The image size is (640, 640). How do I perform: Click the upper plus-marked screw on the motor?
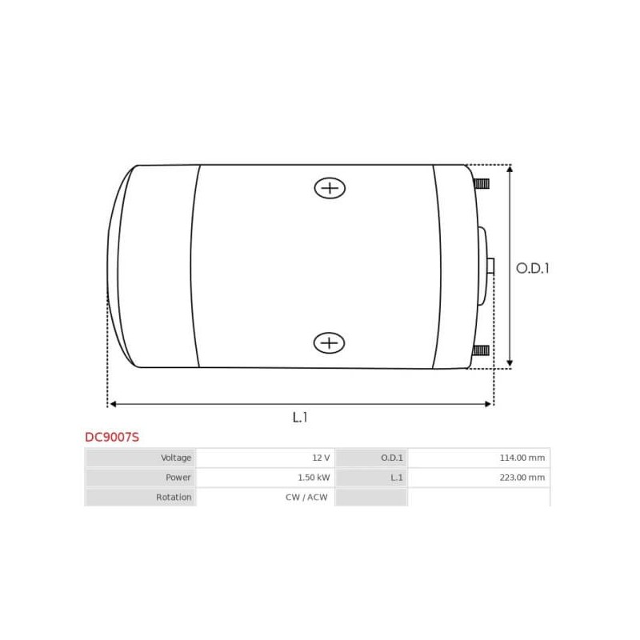[x=329, y=188]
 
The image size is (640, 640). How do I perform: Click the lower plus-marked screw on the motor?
[x=329, y=343]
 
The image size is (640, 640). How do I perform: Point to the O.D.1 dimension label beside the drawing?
[x=532, y=269]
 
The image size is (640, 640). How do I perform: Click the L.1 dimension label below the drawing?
[x=300, y=417]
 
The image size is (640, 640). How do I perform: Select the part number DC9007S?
[x=112, y=438]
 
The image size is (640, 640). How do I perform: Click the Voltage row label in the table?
[x=176, y=458]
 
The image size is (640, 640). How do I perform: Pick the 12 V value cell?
[x=321, y=458]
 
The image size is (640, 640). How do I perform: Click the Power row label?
[x=178, y=478]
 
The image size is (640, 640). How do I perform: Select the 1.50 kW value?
[x=314, y=478]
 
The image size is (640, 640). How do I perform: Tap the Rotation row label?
[x=174, y=497]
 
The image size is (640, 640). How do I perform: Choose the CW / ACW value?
[x=308, y=497]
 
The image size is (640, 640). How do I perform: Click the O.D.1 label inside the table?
[x=392, y=458]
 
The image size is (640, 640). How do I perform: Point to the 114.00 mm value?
[x=521, y=458]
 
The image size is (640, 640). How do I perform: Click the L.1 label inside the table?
[x=396, y=478]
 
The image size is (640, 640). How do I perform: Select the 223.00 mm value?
[x=521, y=478]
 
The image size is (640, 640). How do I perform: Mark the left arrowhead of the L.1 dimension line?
[x=112, y=404]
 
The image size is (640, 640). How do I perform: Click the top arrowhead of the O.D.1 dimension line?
[x=510, y=169]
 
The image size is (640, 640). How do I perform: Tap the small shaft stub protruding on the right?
[x=490, y=266]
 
